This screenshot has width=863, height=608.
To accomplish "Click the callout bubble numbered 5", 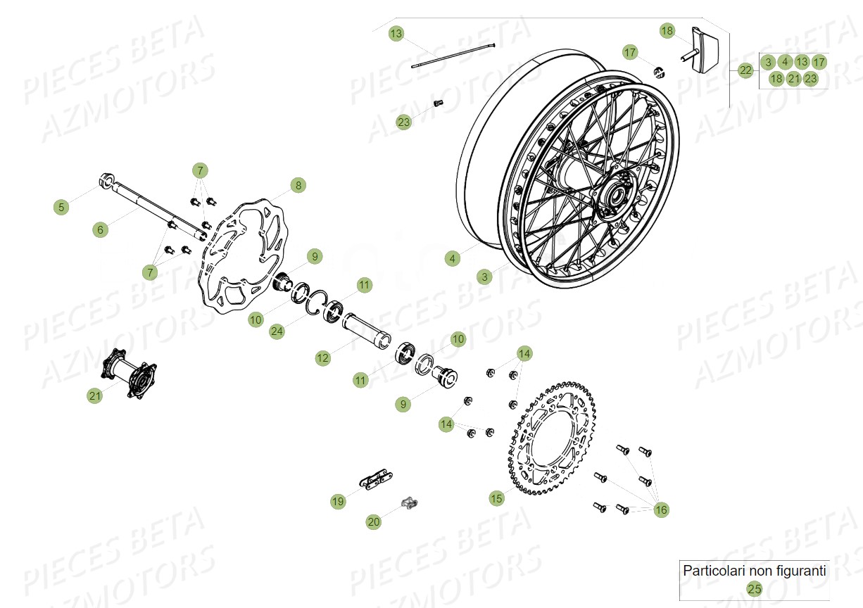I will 61,207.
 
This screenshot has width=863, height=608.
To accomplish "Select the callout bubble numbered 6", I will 100,229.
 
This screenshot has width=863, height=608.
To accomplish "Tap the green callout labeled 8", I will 298,186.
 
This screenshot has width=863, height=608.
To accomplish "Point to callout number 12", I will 322,358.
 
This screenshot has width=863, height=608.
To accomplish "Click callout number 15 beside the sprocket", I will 497,498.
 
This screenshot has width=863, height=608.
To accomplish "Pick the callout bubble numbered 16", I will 660,509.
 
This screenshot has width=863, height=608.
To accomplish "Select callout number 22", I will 745,70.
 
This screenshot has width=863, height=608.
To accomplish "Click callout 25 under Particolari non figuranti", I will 754,589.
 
